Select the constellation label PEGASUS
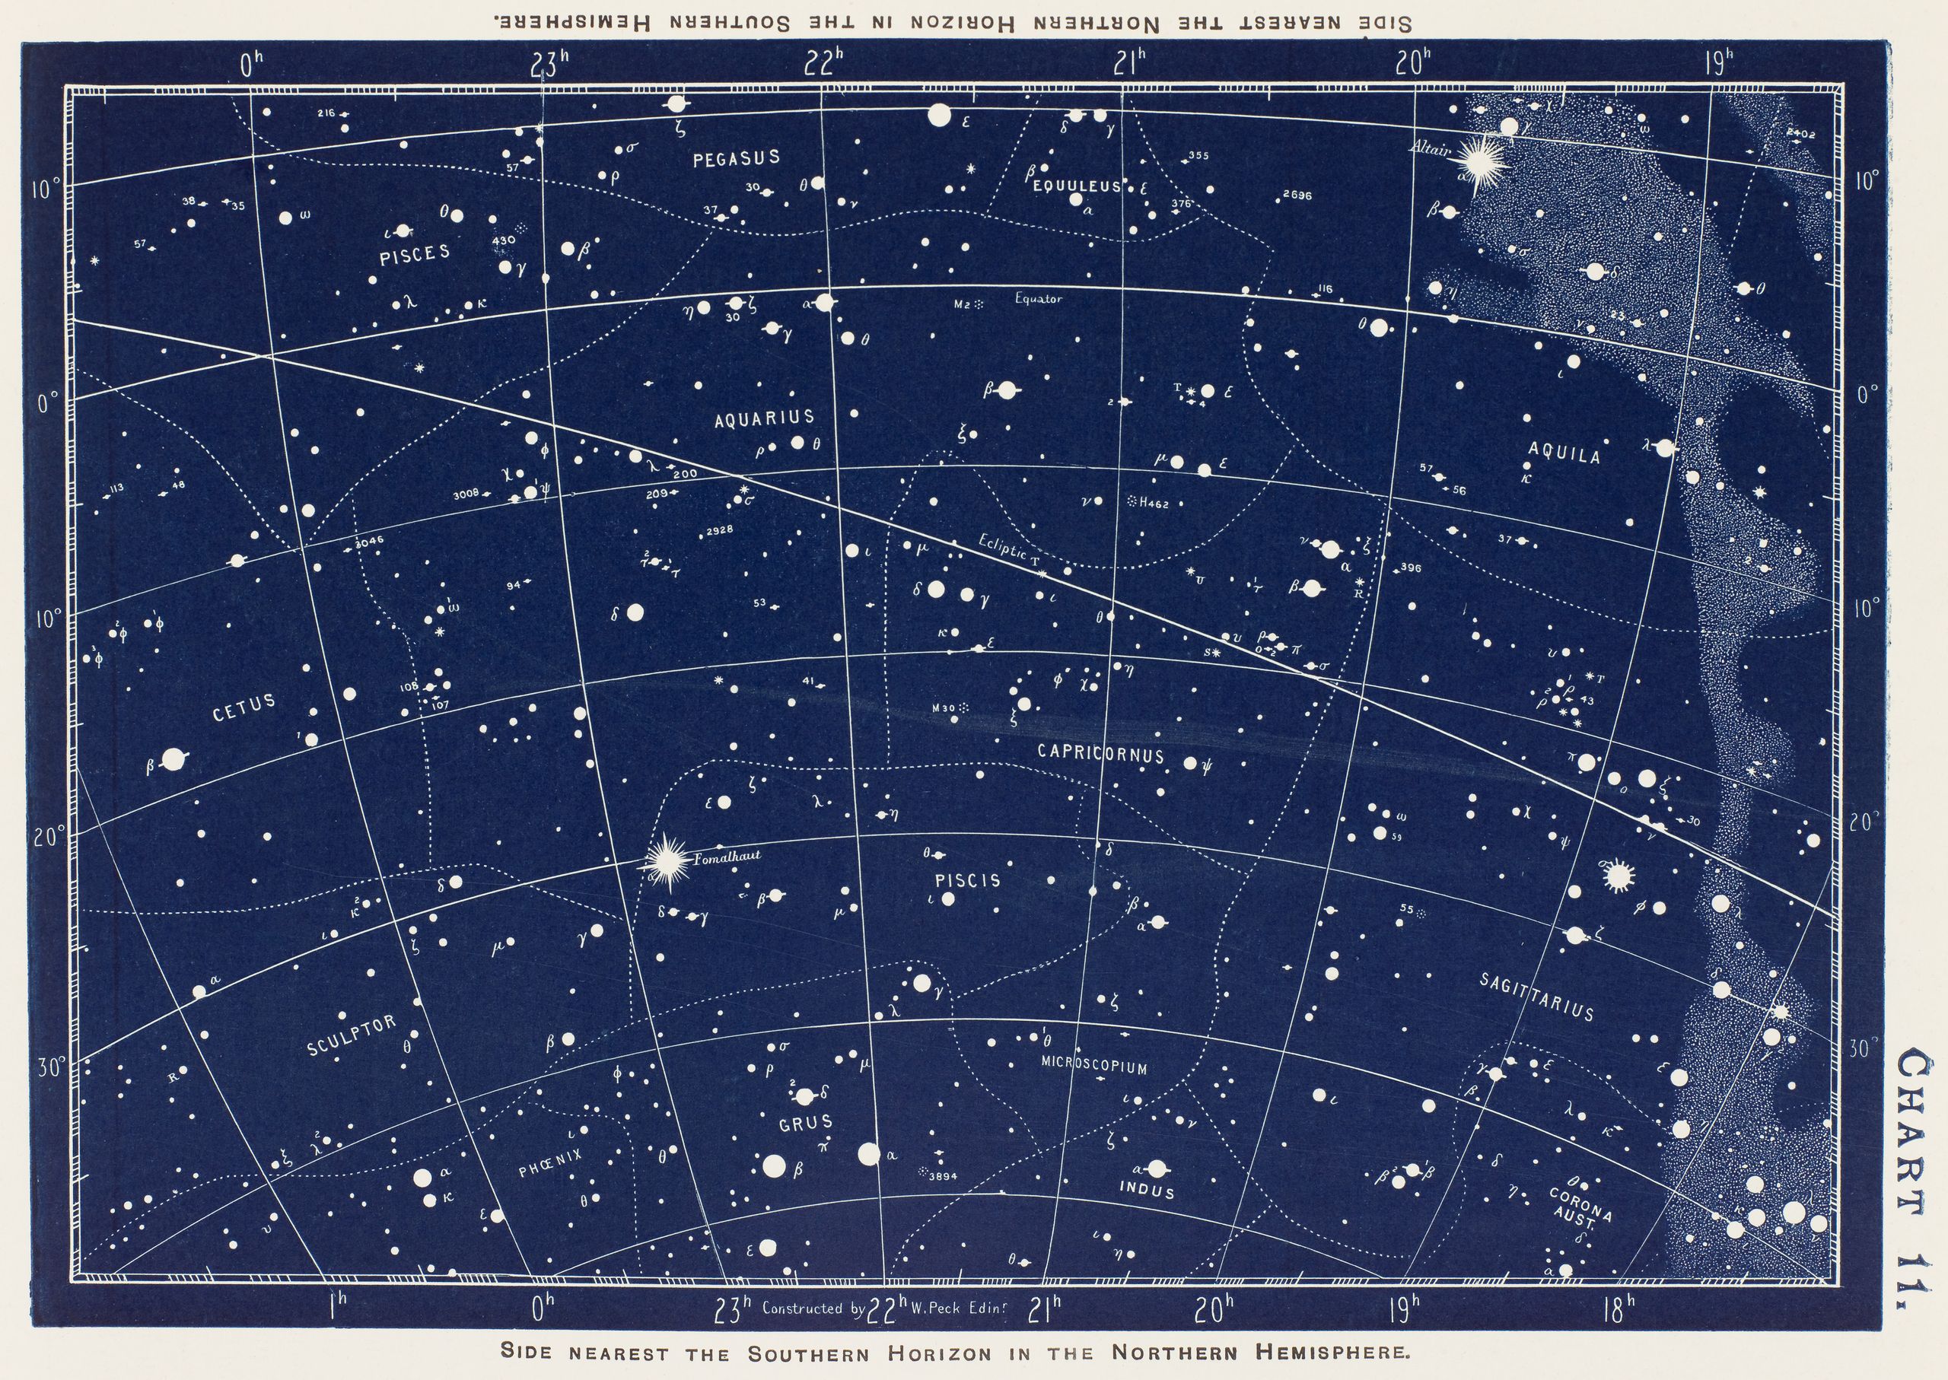click(x=736, y=158)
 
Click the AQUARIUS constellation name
click(x=764, y=417)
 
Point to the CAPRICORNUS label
click(x=1100, y=753)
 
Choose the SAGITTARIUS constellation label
click(x=1536, y=996)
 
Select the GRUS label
click(x=806, y=1123)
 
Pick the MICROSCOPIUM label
click(x=1093, y=1066)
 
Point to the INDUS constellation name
click(x=1147, y=1191)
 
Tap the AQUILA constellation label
click(x=1564, y=455)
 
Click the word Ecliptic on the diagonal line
click(x=1004, y=549)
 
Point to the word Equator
click(x=1038, y=299)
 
